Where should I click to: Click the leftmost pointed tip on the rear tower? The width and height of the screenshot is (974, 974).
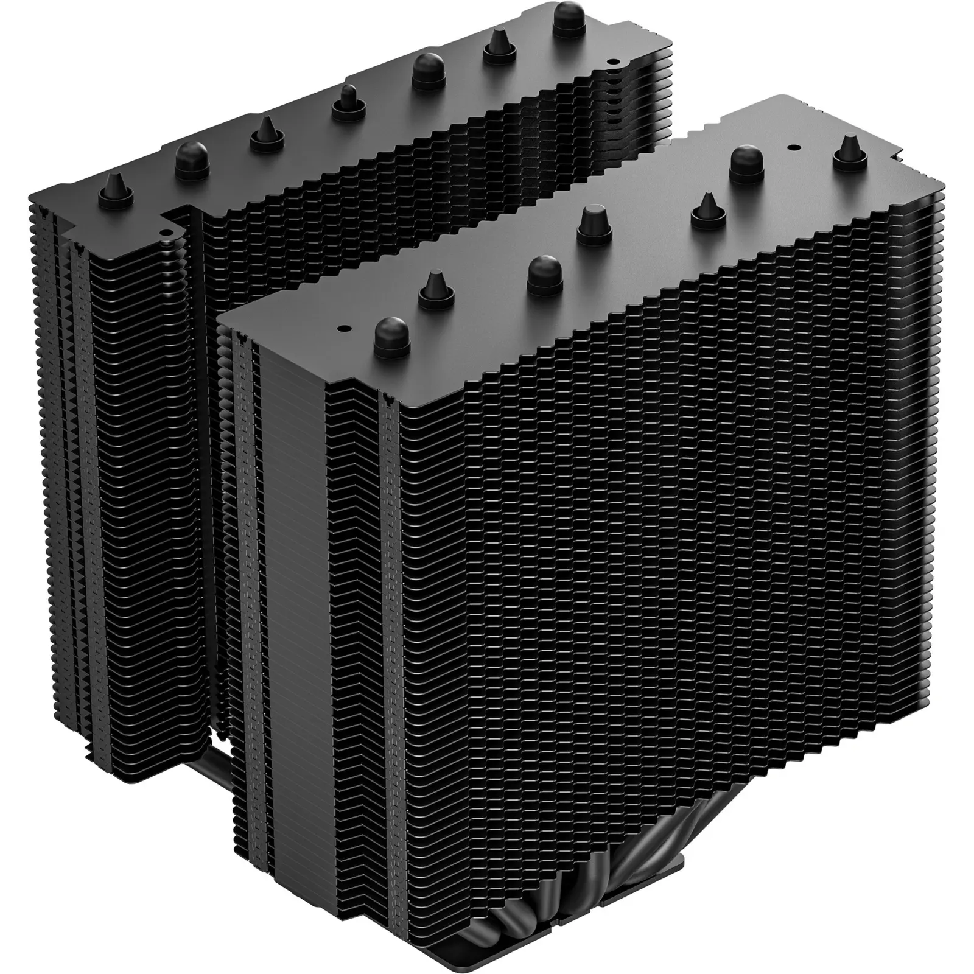click(116, 185)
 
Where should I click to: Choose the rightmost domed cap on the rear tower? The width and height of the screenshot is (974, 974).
click(570, 13)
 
